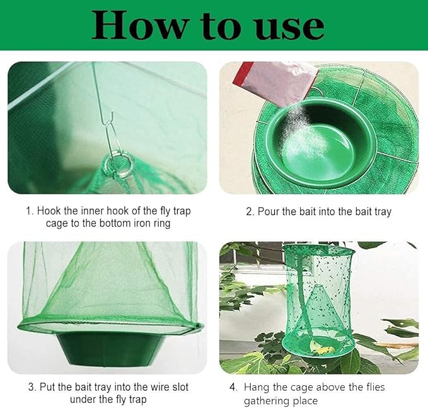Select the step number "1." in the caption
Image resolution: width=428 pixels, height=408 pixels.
click(30, 211)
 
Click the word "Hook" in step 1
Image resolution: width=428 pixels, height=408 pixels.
click(51, 211)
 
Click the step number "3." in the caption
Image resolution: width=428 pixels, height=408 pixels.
click(32, 387)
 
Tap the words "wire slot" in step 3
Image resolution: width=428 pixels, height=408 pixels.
click(166, 387)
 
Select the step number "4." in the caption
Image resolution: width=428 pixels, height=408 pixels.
click(233, 387)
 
